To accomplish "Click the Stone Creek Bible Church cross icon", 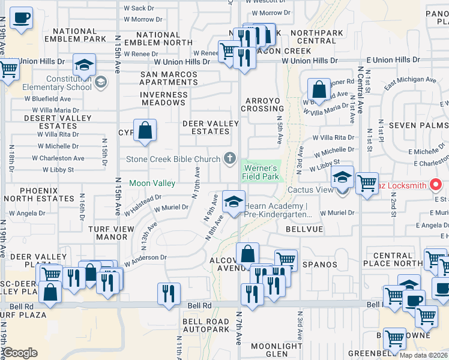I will pyautogui.click(x=229, y=158).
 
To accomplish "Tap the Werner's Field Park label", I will pyautogui.click(x=261, y=172).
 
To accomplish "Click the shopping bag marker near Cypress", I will pyautogui.click(x=145, y=130).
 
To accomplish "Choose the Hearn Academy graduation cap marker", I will pyautogui.click(x=234, y=202).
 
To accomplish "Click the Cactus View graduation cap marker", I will pyautogui.click(x=342, y=177).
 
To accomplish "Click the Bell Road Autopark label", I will pyautogui.click(x=206, y=325).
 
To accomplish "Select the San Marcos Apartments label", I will pyautogui.click(x=169, y=79).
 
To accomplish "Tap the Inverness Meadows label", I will pyautogui.click(x=164, y=99).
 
